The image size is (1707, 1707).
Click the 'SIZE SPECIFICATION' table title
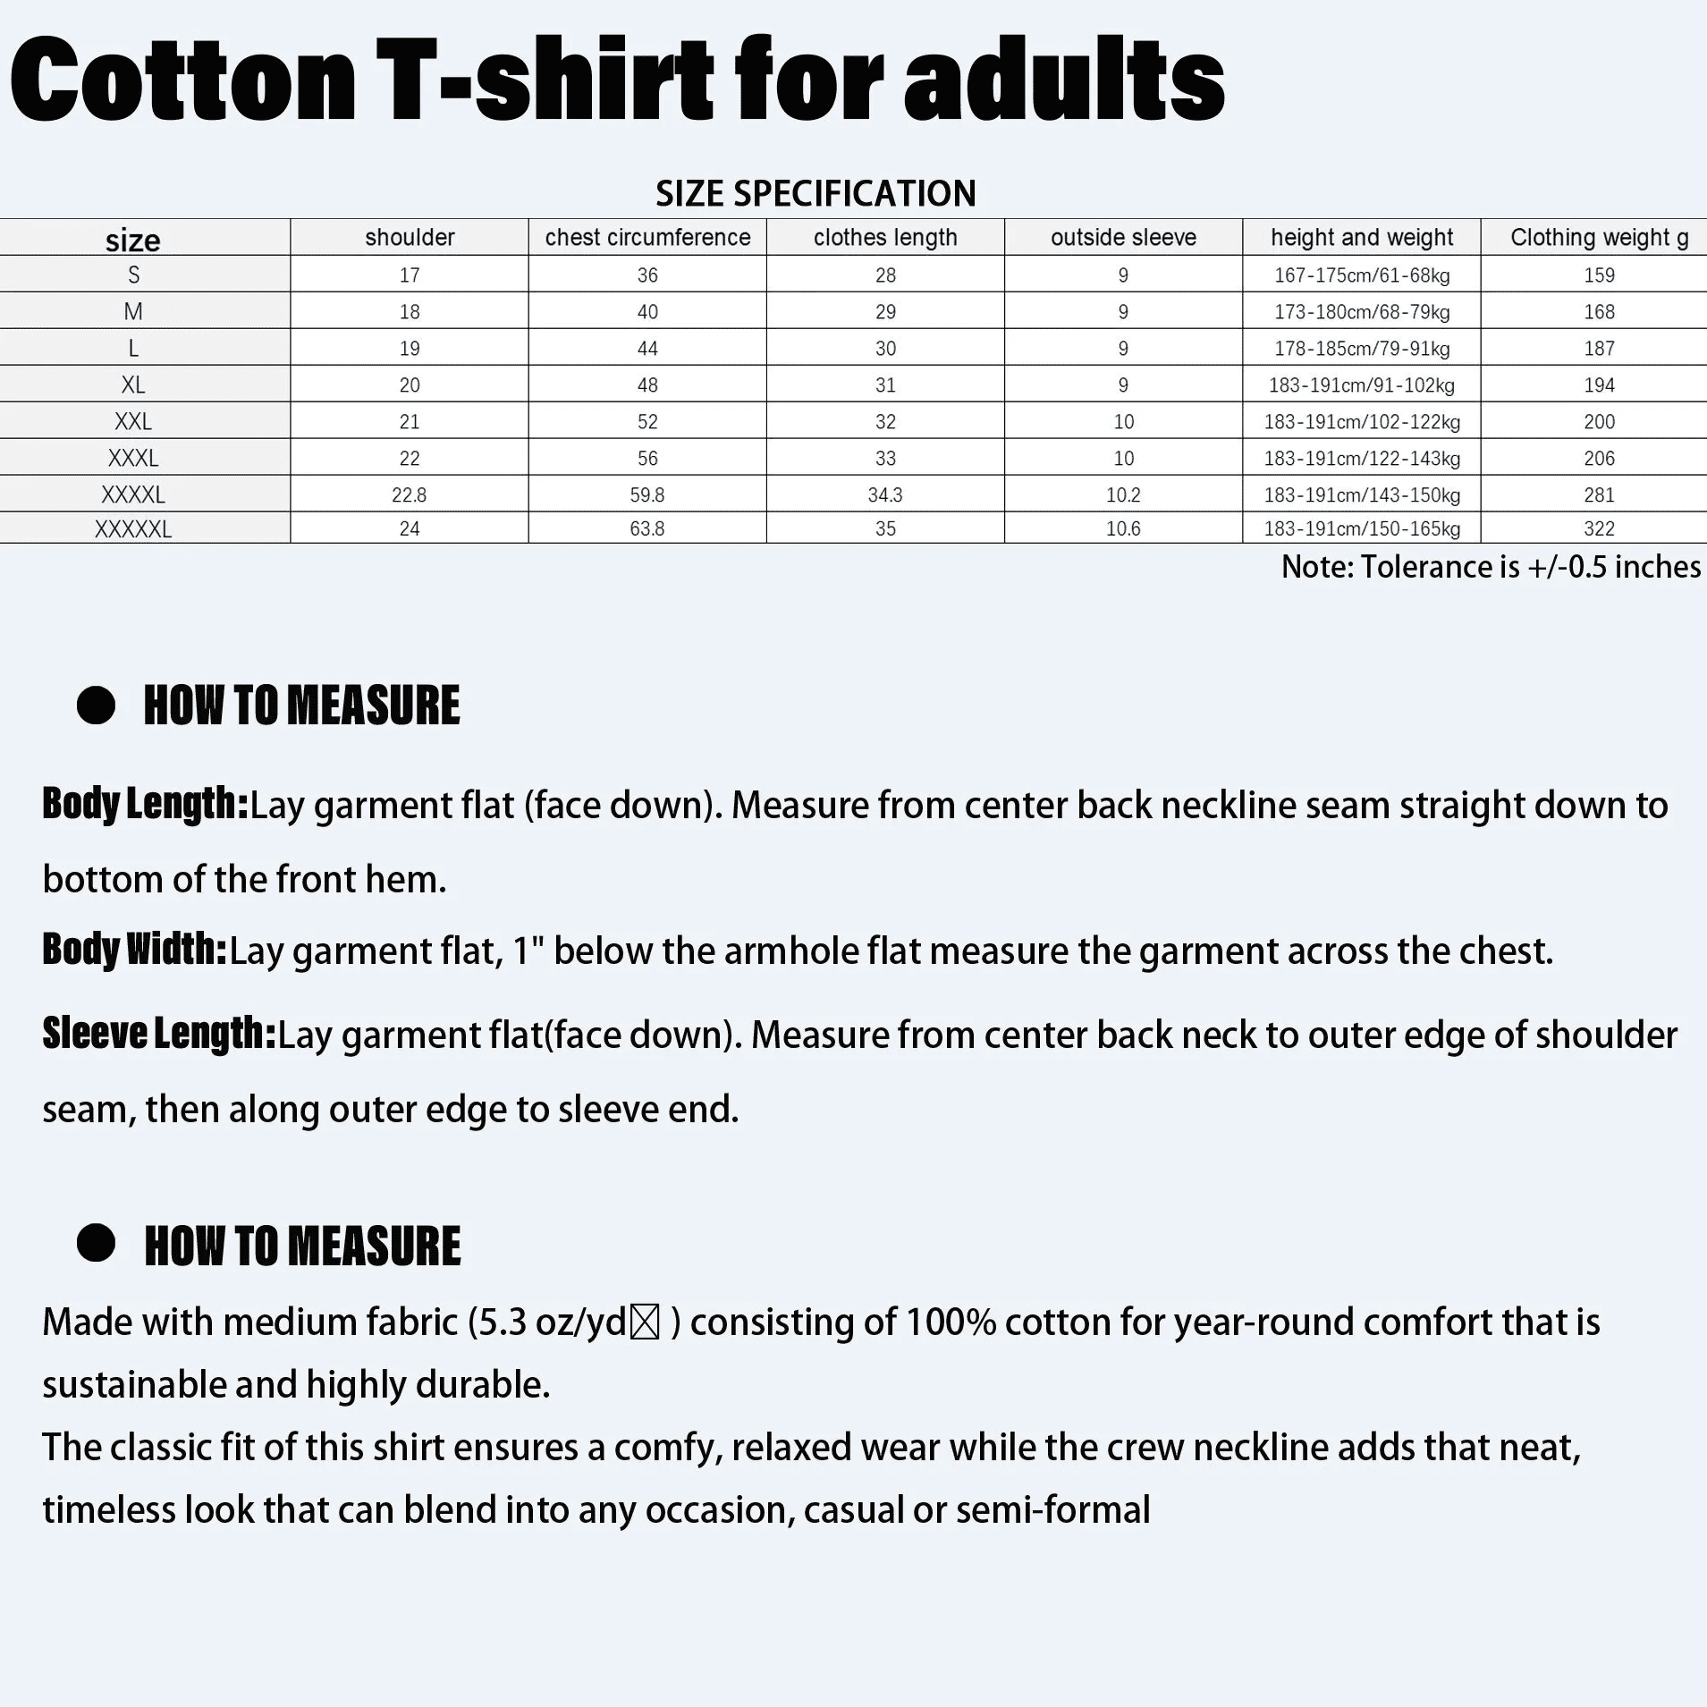[x=815, y=194]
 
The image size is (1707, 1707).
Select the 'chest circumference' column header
[x=647, y=237]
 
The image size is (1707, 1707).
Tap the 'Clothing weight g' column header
[x=1599, y=237]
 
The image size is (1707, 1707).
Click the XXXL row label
[x=133, y=458]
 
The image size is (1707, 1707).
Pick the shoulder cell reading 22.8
[x=410, y=494]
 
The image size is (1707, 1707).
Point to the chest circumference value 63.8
[x=647, y=528]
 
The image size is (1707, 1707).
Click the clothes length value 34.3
[x=885, y=494]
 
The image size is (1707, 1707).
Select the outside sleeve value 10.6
[x=1123, y=528]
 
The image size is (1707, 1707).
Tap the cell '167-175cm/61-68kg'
[x=1362, y=275]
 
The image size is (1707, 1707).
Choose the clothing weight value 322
[x=1599, y=528]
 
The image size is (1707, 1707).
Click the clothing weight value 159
[x=1599, y=275]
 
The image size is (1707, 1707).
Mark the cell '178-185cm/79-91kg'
[x=1362, y=349]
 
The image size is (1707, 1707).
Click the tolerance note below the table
[x=1491, y=567]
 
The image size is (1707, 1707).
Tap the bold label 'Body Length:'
[x=145, y=804]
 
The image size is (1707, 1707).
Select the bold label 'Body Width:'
[x=135, y=949]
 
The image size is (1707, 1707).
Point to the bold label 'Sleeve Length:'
[x=159, y=1033]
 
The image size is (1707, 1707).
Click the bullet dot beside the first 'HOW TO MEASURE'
[x=96, y=706]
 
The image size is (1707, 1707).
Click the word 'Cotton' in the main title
[x=183, y=80]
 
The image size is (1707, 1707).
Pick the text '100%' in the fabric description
[x=951, y=1322]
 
